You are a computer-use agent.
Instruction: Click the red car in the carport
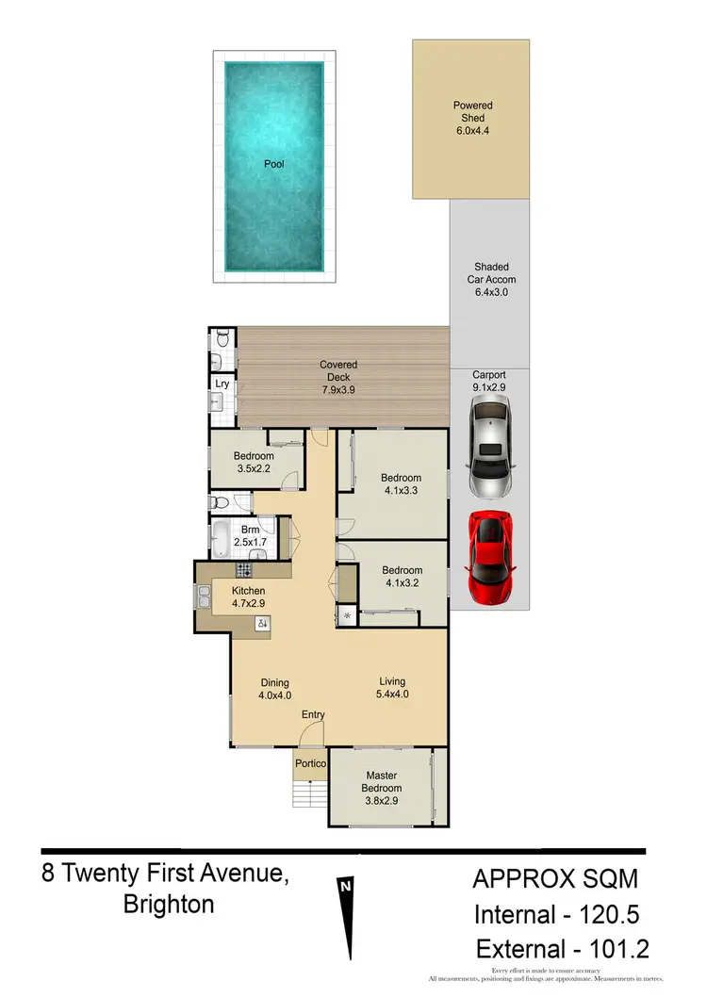coord(489,560)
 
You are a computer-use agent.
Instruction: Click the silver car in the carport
coord(489,448)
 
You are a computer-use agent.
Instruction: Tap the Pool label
coord(273,164)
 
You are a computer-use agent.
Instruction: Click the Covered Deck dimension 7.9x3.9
coord(337,390)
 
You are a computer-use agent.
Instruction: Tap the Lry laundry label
coord(222,384)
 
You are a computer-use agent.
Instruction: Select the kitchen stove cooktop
coord(243,569)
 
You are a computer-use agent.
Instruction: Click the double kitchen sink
coord(204,597)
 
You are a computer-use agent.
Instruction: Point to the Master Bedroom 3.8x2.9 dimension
coord(382,801)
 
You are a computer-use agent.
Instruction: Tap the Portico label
coord(310,762)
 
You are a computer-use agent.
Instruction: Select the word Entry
coord(313,715)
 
